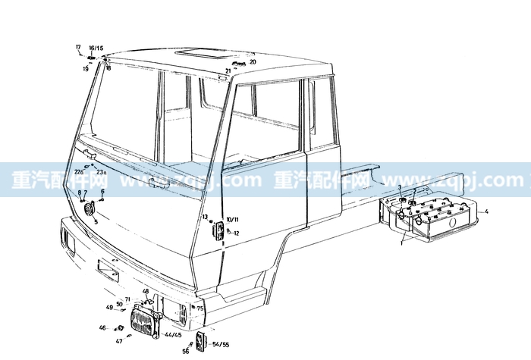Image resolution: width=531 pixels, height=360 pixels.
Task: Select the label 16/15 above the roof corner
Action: [x=96, y=48]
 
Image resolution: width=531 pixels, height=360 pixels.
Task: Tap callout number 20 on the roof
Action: [x=253, y=62]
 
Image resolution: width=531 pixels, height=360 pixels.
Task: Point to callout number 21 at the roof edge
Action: [x=228, y=71]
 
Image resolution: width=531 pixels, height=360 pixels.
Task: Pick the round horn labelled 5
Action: [x=88, y=208]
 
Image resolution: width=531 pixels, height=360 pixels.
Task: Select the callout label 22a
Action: [x=79, y=173]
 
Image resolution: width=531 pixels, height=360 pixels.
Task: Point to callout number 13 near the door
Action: [x=205, y=218]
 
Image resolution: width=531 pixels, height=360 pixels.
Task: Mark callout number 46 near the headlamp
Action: [x=102, y=327]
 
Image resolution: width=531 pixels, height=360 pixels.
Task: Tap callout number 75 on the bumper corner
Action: [x=200, y=308]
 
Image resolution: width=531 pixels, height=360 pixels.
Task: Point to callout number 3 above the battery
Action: [x=400, y=186]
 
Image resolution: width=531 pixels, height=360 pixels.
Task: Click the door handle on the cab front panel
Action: [x=159, y=182]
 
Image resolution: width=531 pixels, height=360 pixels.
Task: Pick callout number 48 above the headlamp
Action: [x=146, y=291]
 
